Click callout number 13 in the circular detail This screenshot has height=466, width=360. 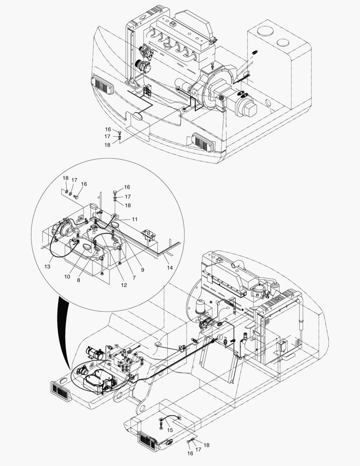click(47, 267)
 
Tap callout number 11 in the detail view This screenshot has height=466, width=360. click(135, 219)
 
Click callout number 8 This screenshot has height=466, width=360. click(78, 280)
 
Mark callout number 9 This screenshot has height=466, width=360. click(142, 270)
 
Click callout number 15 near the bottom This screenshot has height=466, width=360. click(170, 430)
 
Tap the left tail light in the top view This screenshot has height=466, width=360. click(102, 85)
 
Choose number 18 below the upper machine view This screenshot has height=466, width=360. click(107, 145)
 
